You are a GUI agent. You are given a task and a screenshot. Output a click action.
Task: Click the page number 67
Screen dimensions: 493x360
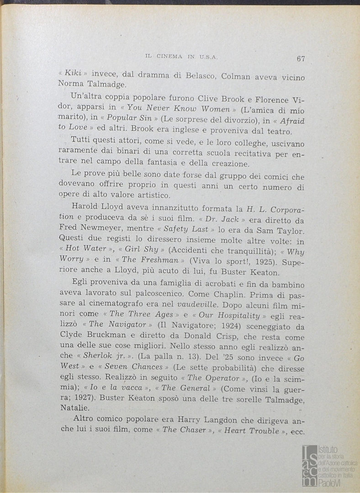pyautogui.click(x=301, y=58)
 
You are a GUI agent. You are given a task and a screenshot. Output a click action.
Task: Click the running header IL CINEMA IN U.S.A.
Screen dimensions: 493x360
pyautogui.click(x=181, y=57)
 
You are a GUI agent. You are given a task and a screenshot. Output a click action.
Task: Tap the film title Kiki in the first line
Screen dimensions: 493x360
pyautogui.click(x=73, y=73)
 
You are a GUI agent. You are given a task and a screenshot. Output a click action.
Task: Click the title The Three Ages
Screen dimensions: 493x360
pyautogui.click(x=137, y=314)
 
